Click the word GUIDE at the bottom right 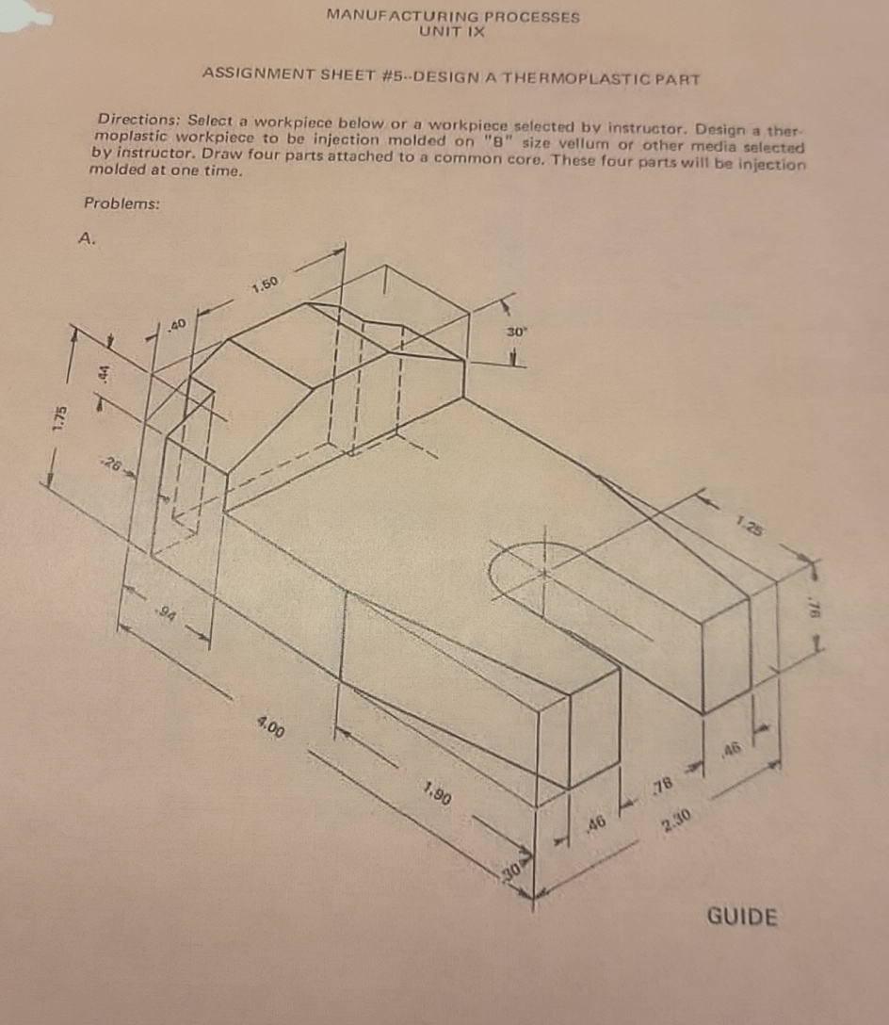point(741,917)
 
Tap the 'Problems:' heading point(121,203)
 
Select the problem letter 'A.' point(87,239)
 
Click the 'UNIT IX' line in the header point(452,30)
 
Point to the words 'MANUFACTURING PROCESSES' point(452,16)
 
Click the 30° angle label point(515,333)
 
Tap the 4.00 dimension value point(273,727)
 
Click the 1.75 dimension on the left point(58,416)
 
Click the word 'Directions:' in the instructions point(140,121)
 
